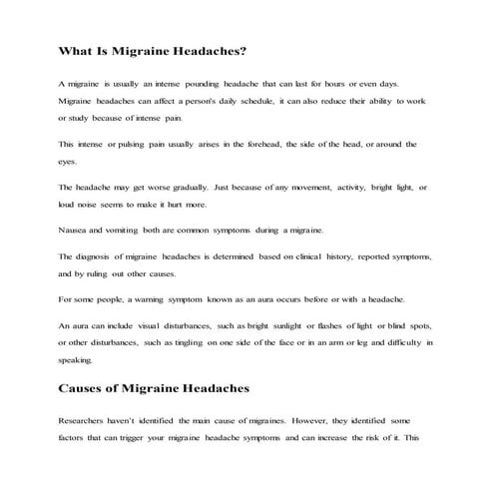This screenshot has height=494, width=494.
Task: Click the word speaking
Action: pos(77,359)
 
